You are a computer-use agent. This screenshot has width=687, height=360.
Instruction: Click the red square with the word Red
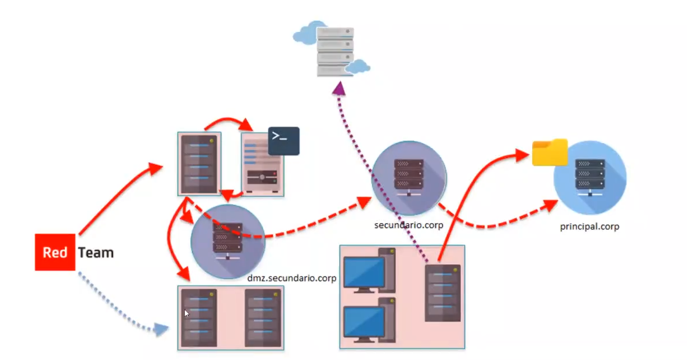55,253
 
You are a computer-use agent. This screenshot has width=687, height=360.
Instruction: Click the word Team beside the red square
96,253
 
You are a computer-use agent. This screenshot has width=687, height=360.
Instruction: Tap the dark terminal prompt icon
283,141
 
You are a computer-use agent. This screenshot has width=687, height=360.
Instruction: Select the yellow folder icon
550,152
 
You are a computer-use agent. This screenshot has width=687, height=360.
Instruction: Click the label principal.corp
590,227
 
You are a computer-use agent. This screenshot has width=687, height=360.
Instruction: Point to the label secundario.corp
409,224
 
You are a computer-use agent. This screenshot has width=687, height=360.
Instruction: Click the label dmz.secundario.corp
292,278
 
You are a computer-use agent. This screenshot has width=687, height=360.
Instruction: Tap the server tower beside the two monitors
442,293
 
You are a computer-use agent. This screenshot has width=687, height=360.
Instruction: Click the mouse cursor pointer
187,314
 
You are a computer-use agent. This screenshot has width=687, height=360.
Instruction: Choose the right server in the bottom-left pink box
264,318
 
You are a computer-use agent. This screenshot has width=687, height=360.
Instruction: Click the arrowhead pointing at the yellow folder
523,154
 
